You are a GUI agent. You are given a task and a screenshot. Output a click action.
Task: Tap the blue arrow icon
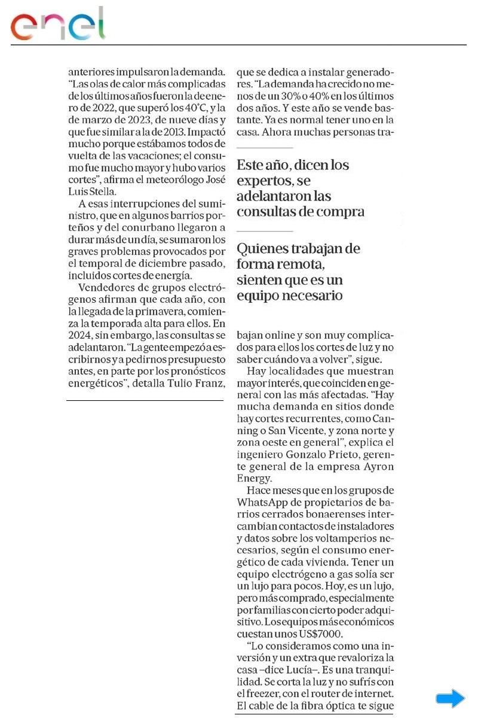point(450,698)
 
